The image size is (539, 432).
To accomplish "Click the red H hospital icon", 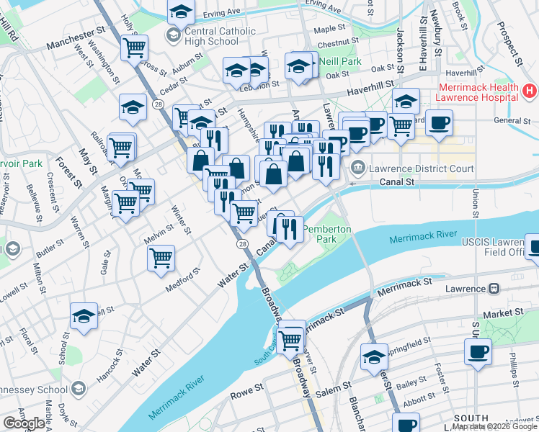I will (x=530, y=91).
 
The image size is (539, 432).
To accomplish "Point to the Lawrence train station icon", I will (x=494, y=289).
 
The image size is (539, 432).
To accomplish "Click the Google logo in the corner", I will (x=24, y=423).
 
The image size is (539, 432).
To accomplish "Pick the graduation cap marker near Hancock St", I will (x=84, y=315).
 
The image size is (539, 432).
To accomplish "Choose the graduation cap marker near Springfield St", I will (x=374, y=356).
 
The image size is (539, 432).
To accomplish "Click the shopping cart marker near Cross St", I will (x=134, y=48).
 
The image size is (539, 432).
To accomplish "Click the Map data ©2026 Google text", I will (x=494, y=426).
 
